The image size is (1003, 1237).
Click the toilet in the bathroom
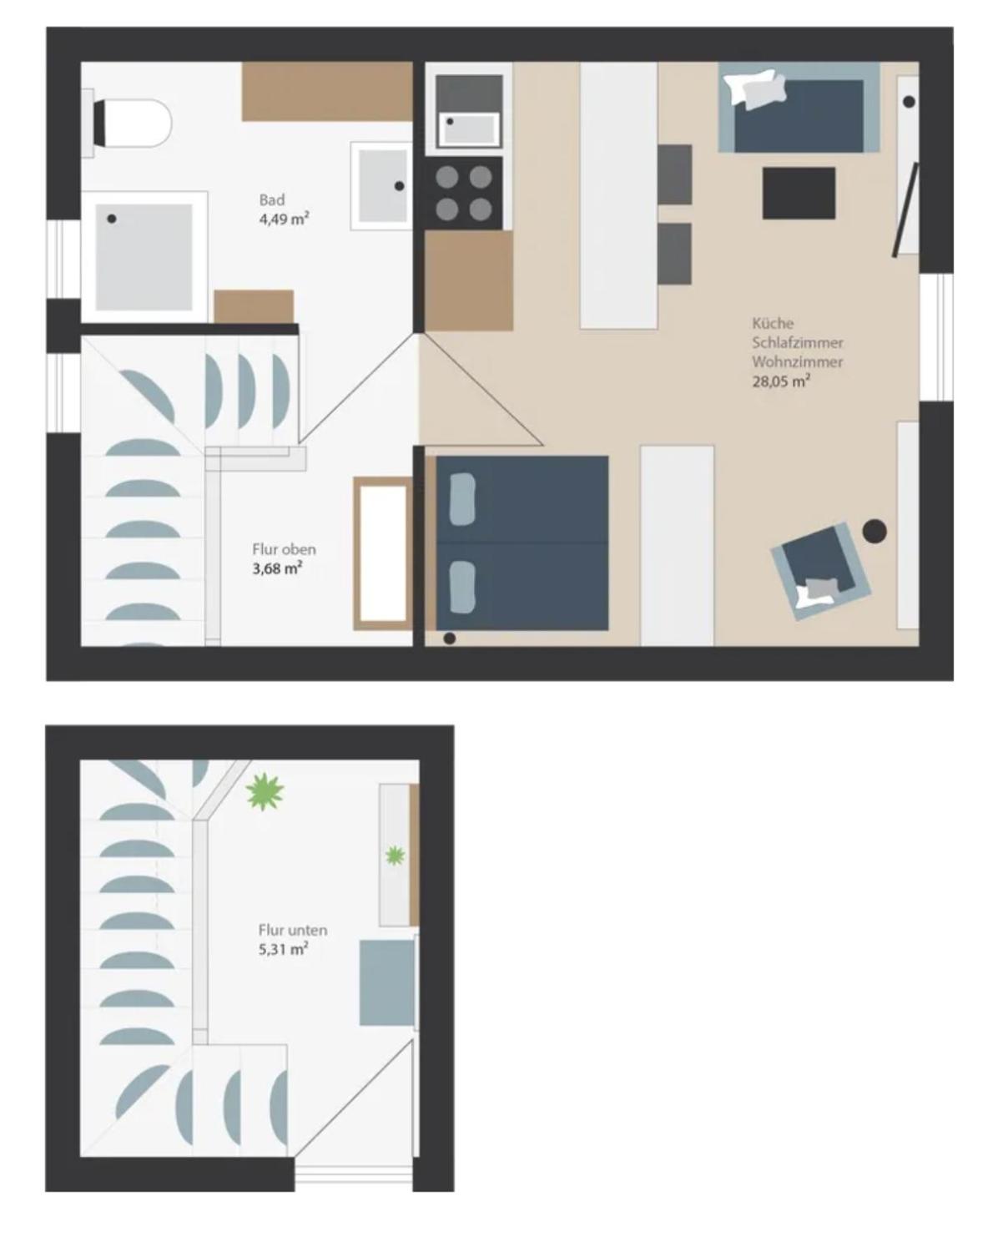134,123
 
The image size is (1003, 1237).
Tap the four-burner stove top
464,193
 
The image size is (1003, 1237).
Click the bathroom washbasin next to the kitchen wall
381,185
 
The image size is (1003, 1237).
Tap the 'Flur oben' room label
284,549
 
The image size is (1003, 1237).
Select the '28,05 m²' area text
781,382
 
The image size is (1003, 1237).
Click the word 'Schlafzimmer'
797,342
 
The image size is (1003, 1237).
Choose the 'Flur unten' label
292,930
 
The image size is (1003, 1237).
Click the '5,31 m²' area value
283,949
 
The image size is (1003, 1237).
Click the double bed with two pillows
522,543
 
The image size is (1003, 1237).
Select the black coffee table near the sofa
799,193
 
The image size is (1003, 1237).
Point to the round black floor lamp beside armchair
874,531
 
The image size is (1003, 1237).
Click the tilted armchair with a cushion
821,570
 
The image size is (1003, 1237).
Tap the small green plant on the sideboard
394,855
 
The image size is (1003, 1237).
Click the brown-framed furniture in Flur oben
382,553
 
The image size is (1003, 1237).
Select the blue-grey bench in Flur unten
387,982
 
